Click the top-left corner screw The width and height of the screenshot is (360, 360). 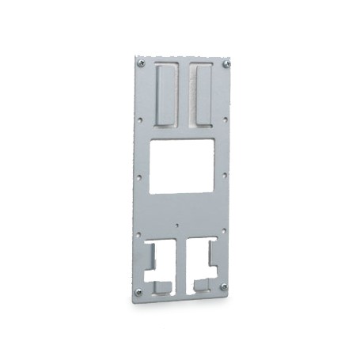pos(141,63)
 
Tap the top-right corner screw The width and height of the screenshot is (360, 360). pos(227,63)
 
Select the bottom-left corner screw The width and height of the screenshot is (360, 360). pos(138,291)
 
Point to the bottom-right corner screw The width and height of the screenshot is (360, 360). pos(225,286)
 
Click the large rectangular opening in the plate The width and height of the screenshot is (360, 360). pos(181,165)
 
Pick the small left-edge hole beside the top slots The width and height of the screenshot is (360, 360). pos(139,120)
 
